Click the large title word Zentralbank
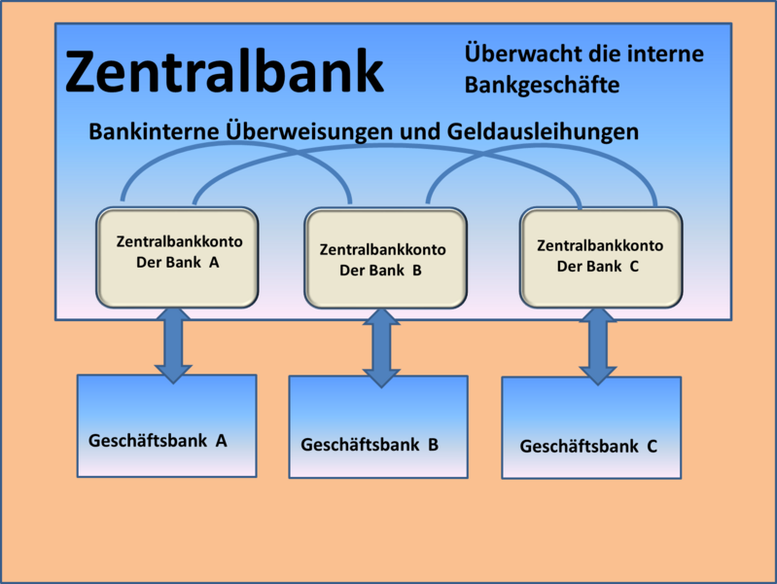click(x=225, y=71)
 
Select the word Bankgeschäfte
click(x=542, y=85)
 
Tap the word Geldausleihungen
click(x=543, y=132)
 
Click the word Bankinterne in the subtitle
click(x=154, y=132)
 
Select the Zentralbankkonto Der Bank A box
click(x=177, y=257)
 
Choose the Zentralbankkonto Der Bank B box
click(x=385, y=258)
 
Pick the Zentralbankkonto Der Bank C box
click(x=601, y=257)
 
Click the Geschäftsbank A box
click(x=167, y=425)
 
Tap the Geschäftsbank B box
click(x=378, y=426)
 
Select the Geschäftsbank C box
click(x=591, y=427)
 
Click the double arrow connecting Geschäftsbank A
click(x=173, y=346)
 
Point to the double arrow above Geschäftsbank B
click(x=381, y=347)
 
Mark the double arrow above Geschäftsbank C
click(x=598, y=347)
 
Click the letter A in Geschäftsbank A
click(x=221, y=441)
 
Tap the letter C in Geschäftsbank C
click(x=653, y=447)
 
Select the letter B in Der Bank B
click(x=417, y=271)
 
